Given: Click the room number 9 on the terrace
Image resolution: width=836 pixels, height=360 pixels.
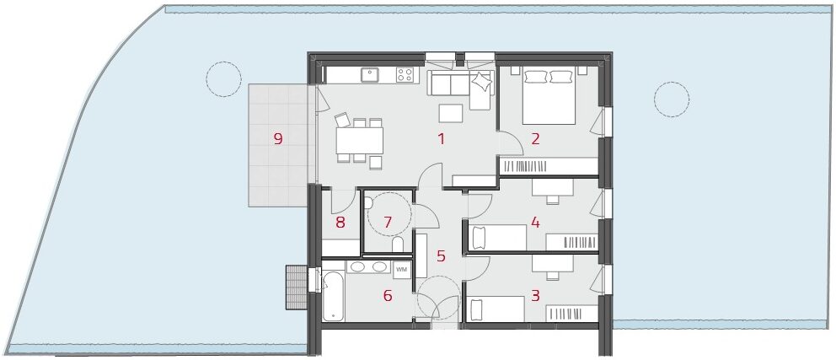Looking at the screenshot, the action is click(278, 139).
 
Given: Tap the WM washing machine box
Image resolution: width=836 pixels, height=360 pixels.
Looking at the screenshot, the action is click(401, 269).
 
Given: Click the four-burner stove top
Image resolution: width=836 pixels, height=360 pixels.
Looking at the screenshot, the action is click(405, 75).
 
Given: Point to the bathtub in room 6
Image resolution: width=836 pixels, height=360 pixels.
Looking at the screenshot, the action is click(333, 296).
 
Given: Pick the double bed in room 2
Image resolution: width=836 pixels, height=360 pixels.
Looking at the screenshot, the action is click(549, 96).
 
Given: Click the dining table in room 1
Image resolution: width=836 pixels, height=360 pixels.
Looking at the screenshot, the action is click(360, 141).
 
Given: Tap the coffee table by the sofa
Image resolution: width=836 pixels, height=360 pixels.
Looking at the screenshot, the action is click(451, 113).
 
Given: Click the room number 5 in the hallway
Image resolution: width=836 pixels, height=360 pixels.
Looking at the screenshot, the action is click(441, 256).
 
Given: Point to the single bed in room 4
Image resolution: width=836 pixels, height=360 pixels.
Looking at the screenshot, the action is click(498, 238).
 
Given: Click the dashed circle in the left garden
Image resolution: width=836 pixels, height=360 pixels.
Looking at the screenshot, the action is click(224, 79).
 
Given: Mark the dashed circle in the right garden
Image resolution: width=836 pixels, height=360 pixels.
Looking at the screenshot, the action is click(672, 99).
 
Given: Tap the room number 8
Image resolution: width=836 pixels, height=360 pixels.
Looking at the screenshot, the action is click(340, 223).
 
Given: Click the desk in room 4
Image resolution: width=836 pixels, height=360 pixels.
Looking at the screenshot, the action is click(552, 188).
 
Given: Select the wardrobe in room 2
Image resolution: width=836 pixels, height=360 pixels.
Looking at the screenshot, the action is click(548, 166).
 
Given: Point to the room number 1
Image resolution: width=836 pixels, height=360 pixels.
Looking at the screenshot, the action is click(441, 139).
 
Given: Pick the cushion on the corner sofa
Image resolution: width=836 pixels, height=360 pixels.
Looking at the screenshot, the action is click(483, 81).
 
